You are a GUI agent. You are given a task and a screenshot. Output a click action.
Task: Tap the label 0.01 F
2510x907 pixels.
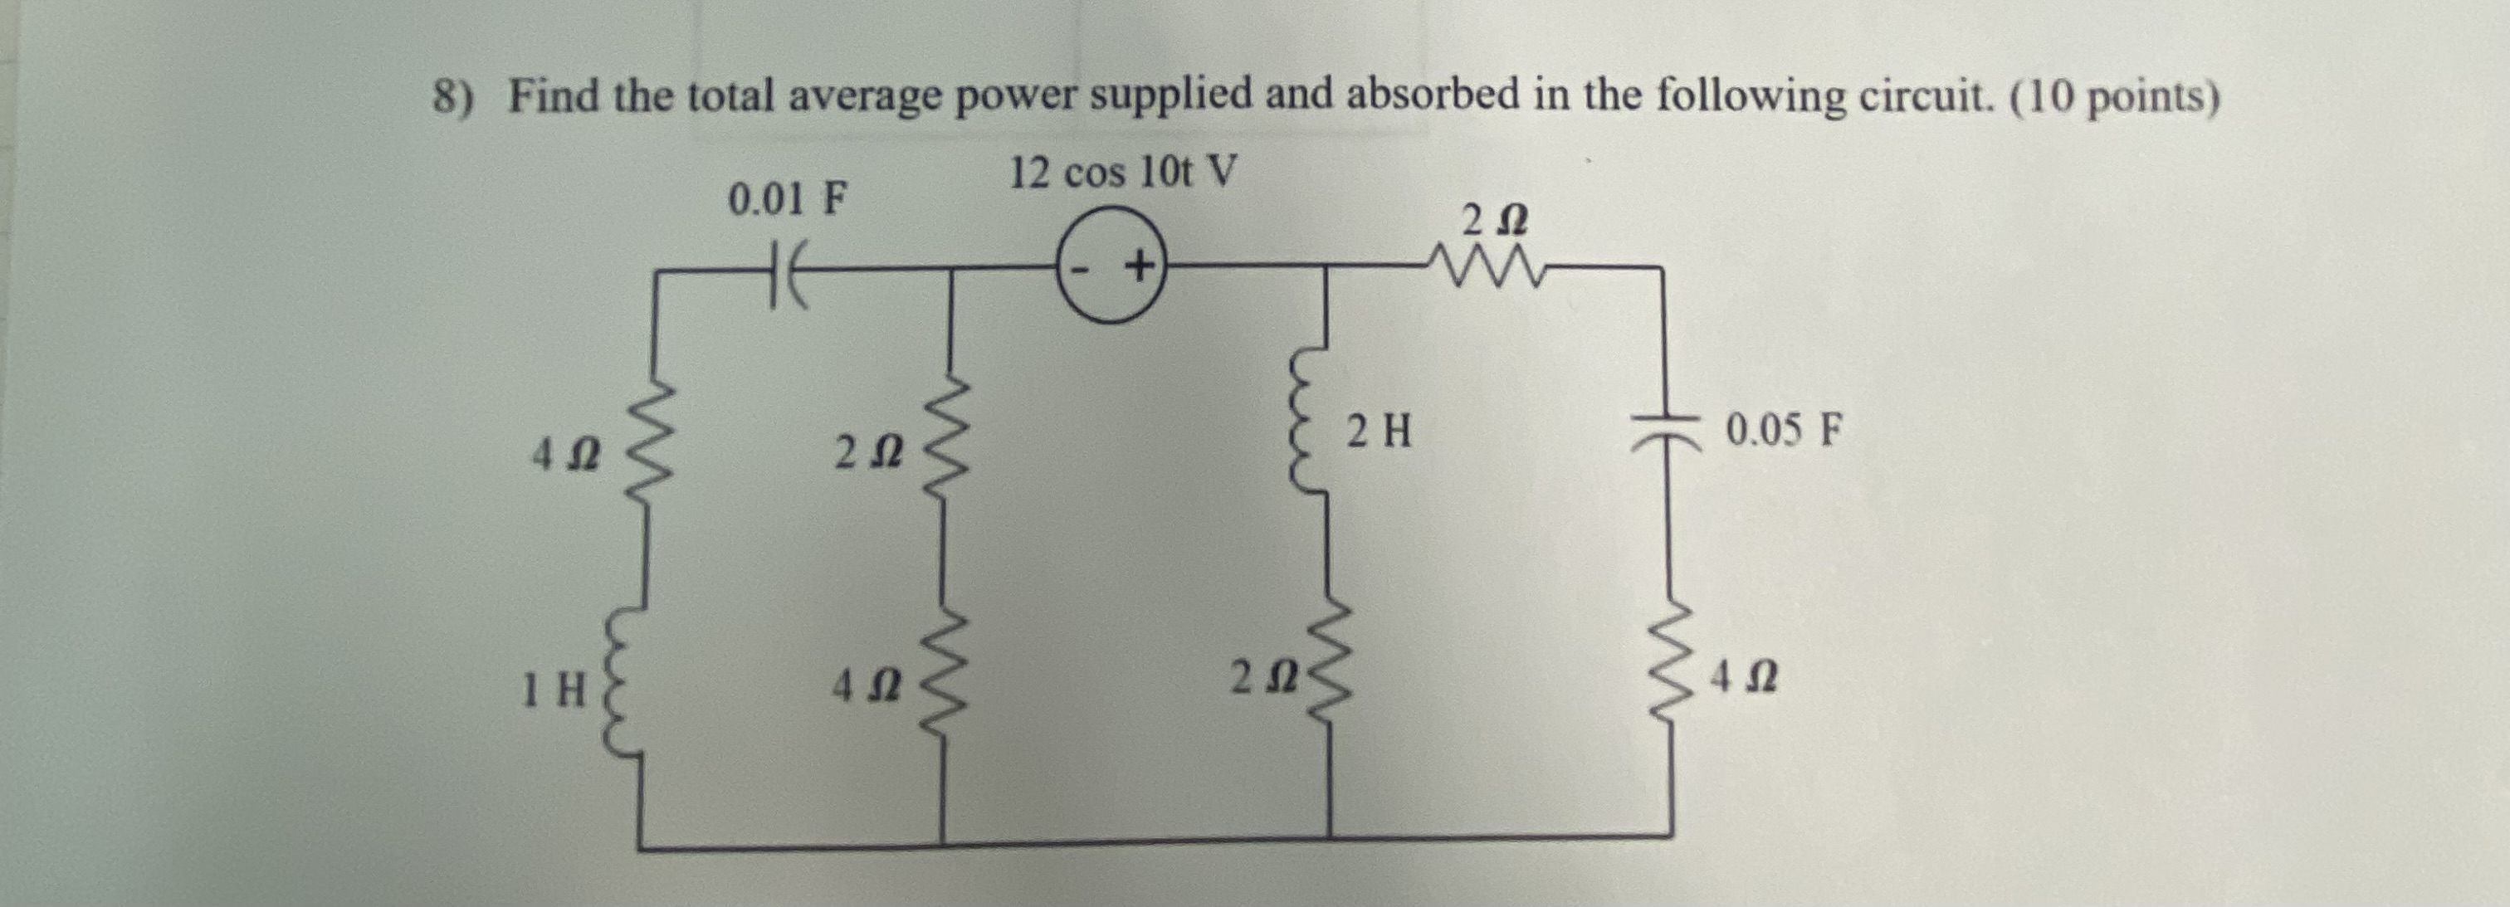789,200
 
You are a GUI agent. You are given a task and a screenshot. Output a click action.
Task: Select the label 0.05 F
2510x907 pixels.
1784,430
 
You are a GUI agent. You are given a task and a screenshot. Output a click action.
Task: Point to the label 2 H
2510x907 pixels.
1379,431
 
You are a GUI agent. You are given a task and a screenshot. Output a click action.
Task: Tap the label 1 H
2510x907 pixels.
553,692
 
